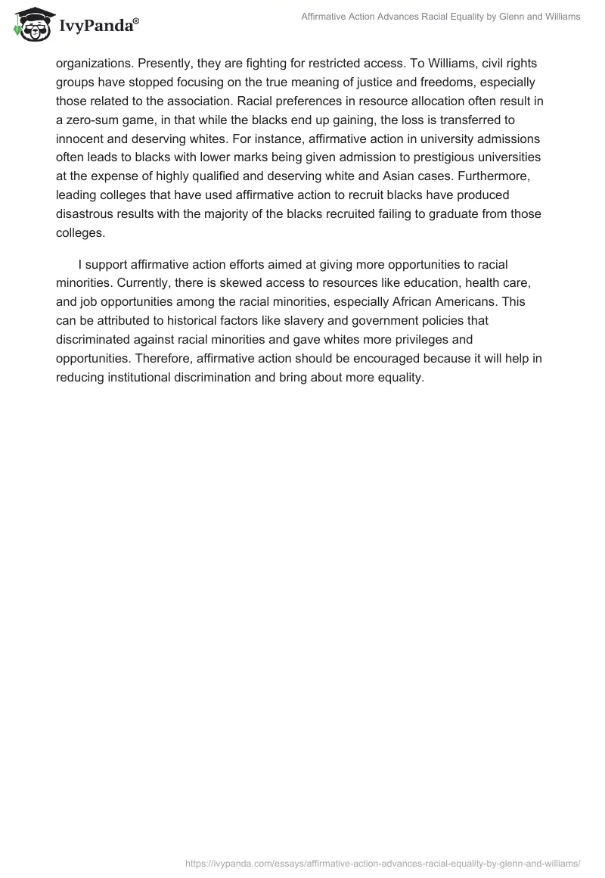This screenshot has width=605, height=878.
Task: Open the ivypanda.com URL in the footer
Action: coord(383,861)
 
